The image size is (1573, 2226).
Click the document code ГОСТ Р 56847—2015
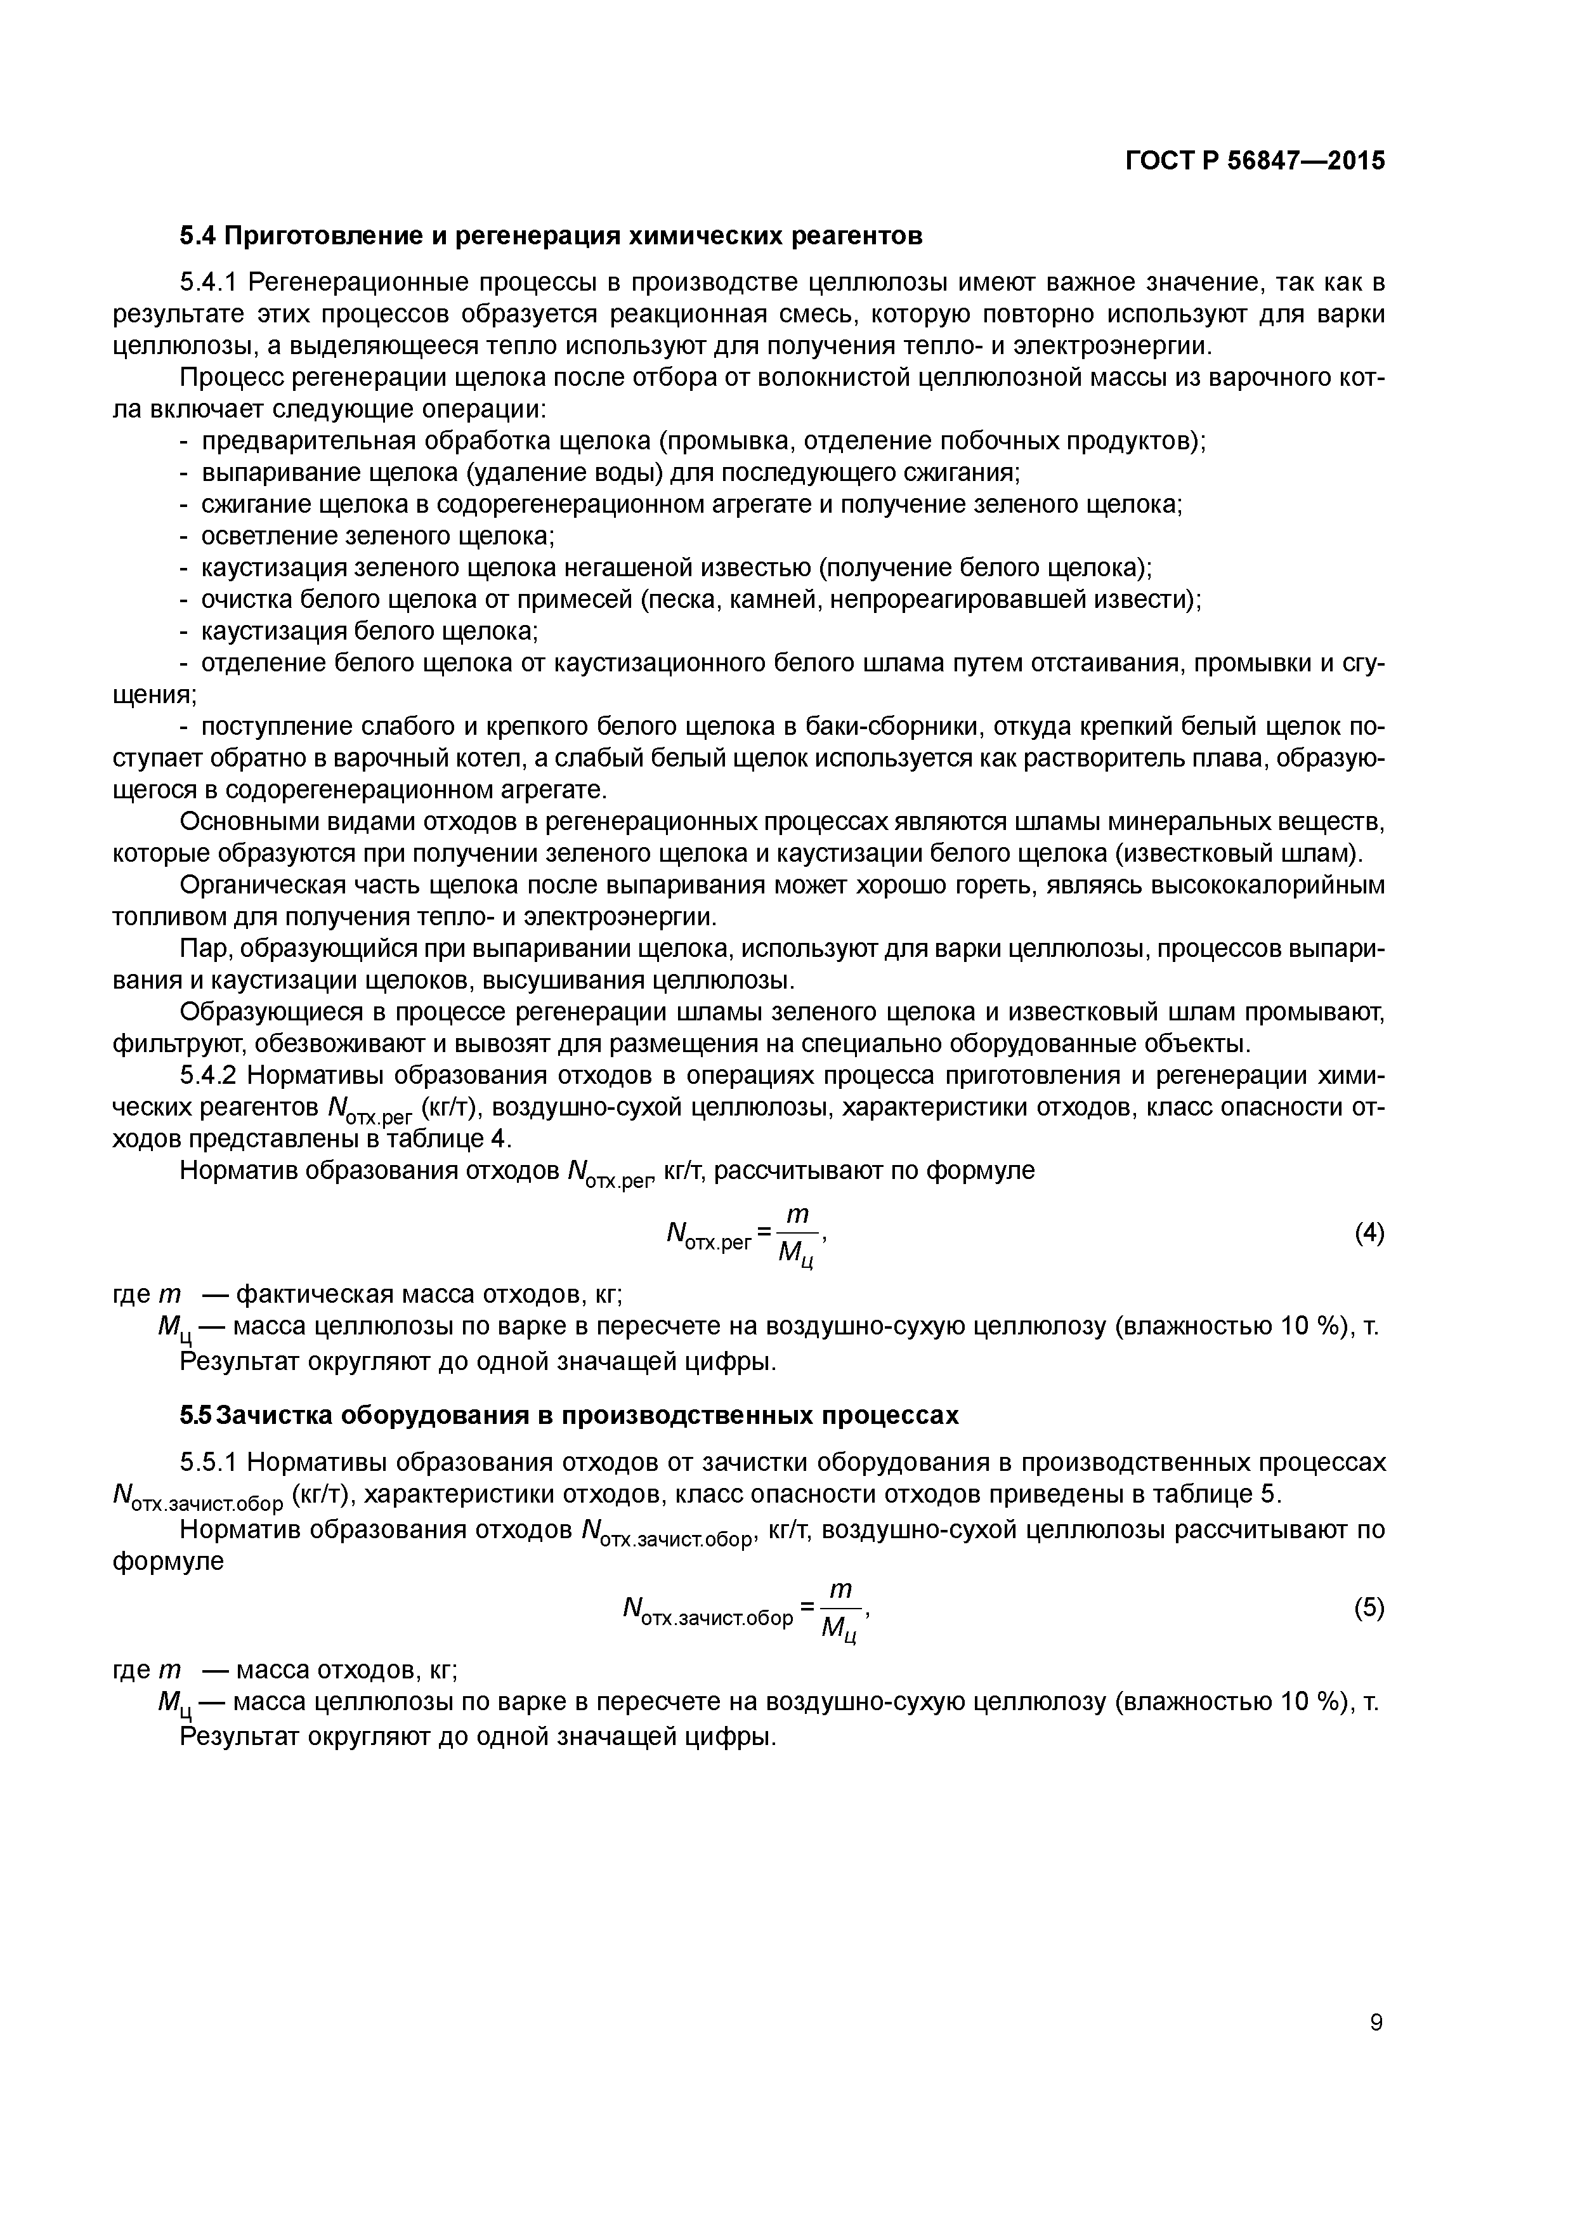click(1255, 161)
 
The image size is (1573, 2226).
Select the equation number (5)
click(1369, 1609)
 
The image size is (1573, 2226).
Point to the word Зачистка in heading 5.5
click(279, 1416)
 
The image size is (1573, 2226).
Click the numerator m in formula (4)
click(797, 1214)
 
